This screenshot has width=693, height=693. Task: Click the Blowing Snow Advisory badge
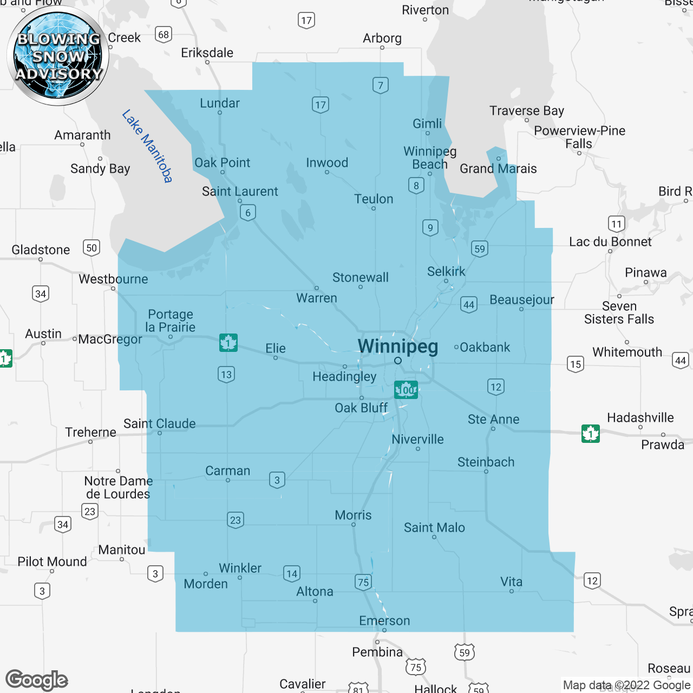58,56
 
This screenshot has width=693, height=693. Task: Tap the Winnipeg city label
398,346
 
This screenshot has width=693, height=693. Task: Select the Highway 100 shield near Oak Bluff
406,389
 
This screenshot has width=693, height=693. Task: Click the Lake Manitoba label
147,146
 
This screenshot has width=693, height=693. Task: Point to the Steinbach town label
486,462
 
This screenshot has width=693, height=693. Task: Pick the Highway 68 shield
164,35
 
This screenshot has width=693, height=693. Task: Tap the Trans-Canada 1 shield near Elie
228,343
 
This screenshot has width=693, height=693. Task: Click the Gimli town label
427,123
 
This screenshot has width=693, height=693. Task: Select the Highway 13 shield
226,374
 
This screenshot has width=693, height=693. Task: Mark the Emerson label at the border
384,620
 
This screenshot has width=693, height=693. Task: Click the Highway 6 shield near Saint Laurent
248,212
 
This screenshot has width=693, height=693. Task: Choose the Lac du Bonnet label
610,241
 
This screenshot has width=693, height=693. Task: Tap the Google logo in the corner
37,680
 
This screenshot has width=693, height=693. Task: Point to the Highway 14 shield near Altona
292,573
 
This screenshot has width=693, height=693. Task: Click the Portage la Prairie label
171,321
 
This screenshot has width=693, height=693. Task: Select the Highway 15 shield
576,364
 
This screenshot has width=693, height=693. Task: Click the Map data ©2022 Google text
626,685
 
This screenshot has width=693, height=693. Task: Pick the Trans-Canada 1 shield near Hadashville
591,433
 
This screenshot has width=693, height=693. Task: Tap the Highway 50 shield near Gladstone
91,248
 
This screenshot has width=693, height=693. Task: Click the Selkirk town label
446,271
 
